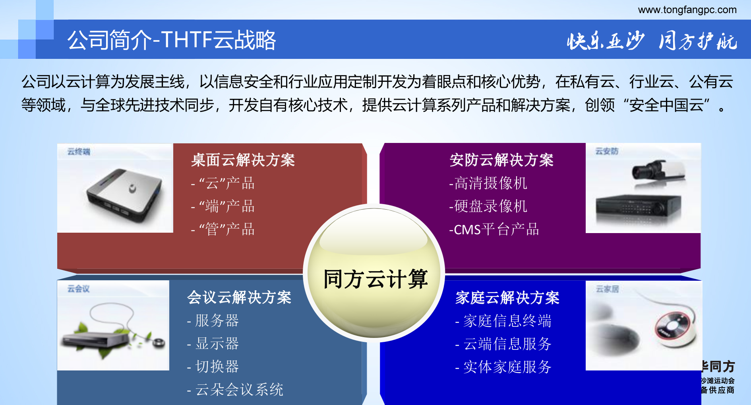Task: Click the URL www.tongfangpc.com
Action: tap(687, 10)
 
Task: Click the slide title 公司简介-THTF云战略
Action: tap(172, 40)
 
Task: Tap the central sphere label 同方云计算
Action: tap(375, 279)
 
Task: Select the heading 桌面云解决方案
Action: tap(243, 160)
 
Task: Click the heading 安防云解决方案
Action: tap(501, 160)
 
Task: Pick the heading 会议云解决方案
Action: tap(239, 297)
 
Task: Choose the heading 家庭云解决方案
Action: tap(507, 297)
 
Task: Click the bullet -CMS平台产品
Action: tap(494, 229)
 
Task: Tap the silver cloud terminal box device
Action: tap(125, 195)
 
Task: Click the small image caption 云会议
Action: tap(78, 289)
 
